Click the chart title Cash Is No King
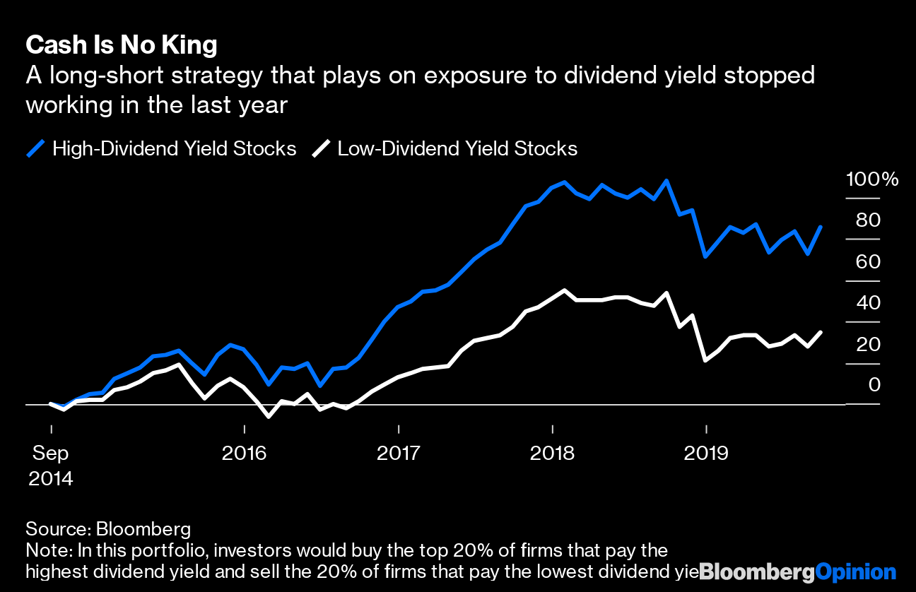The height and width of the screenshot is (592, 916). point(121,46)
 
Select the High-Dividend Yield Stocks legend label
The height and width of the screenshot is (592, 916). point(174,148)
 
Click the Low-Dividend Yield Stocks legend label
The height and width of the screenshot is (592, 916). point(457,148)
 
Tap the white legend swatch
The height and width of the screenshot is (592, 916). point(322,148)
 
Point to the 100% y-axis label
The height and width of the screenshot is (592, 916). point(872,179)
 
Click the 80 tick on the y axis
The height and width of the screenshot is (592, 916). point(869,220)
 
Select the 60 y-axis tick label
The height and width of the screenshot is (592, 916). point(869,262)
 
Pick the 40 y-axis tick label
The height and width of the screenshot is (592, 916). point(869,303)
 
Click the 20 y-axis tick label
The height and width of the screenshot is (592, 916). point(869,345)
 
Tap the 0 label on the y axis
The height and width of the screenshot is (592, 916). point(874,385)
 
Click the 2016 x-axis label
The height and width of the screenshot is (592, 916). point(244,453)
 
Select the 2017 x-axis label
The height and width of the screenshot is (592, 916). point(399,453)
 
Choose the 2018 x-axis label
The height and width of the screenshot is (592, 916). point(552,453)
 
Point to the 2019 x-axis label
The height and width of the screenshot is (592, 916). point(706,453)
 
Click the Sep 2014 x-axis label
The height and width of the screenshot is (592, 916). point(51,466)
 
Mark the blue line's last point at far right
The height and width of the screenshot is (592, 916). point(821,227)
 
